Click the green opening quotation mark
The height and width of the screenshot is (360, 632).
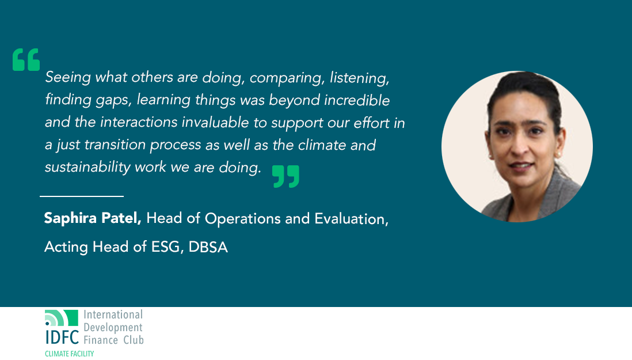[x=26, y=60]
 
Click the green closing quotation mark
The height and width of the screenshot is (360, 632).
[x=285, y=176]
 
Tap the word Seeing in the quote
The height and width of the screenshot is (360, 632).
[x=68, y=78]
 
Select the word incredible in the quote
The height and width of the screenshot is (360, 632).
[x=357, y=100]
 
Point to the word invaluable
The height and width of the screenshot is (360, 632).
[x=215, y=122]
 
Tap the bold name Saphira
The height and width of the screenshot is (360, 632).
[x=70, y=218]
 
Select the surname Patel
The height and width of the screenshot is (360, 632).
[x=121, y=218]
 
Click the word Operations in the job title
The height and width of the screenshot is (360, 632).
[x=243, y=219]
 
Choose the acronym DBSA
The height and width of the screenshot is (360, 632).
[x=208, y=247]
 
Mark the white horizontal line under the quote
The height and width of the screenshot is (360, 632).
[x=81, y=196]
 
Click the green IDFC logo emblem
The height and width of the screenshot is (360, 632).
[x=61, y=318]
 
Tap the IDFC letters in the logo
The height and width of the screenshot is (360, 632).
[x=62, y=337]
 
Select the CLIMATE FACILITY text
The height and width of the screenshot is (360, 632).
[x=69, y=354]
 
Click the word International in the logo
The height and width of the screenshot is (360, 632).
[x=113, y=314]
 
